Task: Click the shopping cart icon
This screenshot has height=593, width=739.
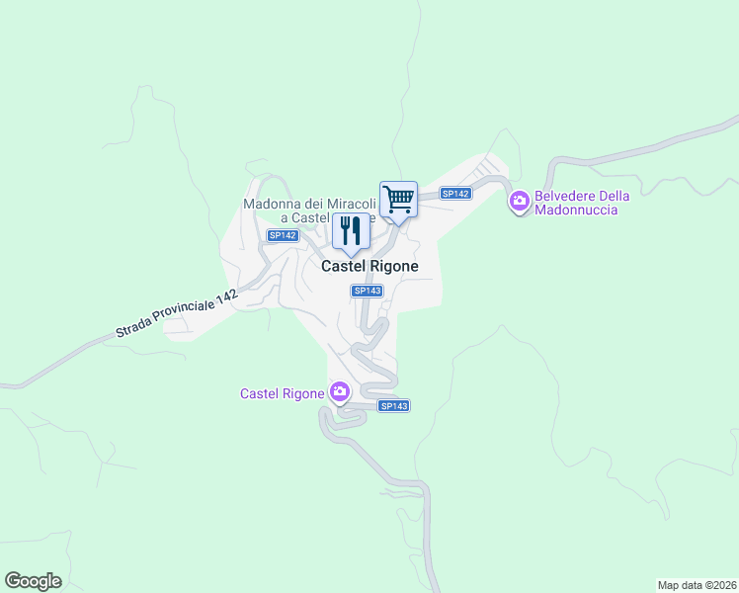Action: (398, 198)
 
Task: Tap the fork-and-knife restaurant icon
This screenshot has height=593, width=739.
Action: (351, 231)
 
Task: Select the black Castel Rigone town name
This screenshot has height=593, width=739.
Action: (369, 267)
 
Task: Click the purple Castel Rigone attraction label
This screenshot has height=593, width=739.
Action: (283, 393)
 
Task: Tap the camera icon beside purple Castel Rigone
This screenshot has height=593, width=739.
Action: (340, 393)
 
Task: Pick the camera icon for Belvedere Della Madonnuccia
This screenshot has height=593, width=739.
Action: (519, 203)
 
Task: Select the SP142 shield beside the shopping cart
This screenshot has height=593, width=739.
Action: (455, 194)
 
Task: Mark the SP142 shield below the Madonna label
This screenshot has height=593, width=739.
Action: (283, 235)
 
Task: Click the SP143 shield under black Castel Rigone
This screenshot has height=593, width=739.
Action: (367, 291)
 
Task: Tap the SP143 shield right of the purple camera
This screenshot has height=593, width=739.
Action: (393, 406)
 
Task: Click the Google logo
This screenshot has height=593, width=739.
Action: (33, 581)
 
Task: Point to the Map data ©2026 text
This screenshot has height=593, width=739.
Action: (696, 584)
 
